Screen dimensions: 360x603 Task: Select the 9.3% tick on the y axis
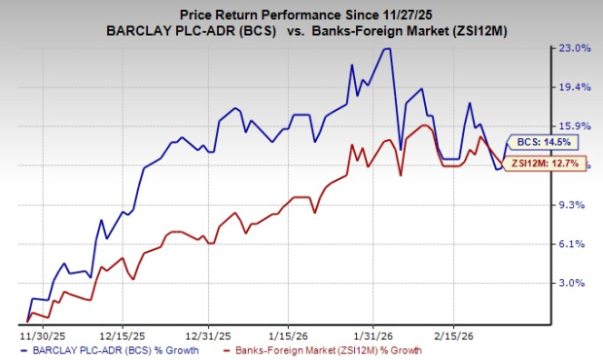(x=576, y=204)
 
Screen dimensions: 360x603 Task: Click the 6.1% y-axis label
(x=576, y=243)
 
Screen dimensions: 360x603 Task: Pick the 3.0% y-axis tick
(x=576, y=282)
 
